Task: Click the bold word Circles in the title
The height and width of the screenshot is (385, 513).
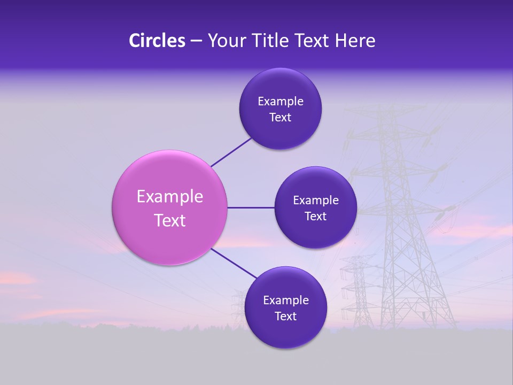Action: click(x=157, y=41)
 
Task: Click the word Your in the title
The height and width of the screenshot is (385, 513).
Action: click(x=226, y=41)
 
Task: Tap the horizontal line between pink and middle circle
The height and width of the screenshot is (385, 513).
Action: click(x=251, y=207)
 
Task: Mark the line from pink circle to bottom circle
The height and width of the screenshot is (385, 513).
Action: click(x=234, y=264)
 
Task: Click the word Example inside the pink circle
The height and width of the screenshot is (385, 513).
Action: click(x=170, y=197)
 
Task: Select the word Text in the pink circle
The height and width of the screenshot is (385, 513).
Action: click(x=170, y=220)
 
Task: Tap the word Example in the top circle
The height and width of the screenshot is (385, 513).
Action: click(x=281, y=102)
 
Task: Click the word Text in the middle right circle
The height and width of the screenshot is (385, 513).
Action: click(x=315, y=217)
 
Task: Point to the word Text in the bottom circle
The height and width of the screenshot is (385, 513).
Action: click(x=285, y=317)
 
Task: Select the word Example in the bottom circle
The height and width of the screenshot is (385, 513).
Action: click(x=286, y=301)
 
